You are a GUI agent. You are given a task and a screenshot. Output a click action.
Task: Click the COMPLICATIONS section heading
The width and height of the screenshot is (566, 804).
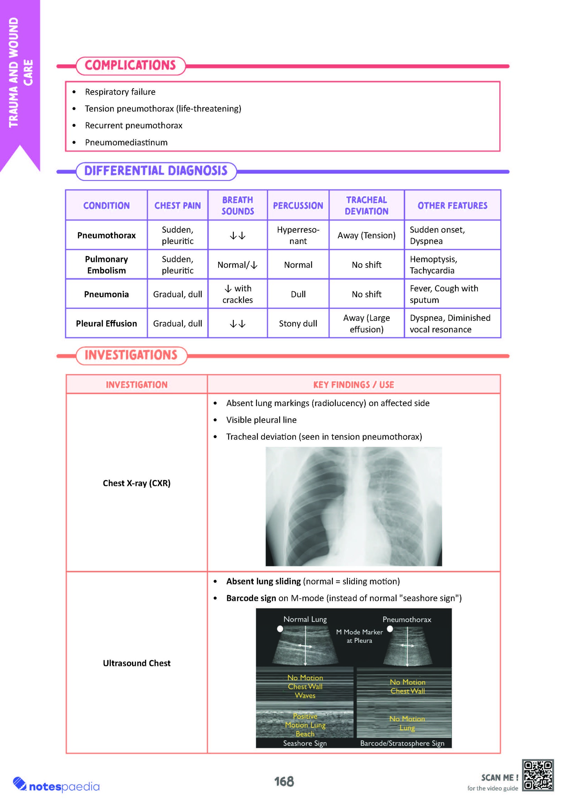pos(130,66)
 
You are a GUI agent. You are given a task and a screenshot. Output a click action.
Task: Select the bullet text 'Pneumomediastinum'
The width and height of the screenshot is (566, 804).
pos(126,143)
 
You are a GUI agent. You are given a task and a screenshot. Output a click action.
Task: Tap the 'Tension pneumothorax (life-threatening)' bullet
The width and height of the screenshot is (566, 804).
pos(163,108)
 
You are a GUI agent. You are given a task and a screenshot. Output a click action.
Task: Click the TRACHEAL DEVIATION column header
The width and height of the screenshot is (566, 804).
pos(366,205)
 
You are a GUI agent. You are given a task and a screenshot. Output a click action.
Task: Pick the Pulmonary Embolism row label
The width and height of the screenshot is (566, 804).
pos(106,265)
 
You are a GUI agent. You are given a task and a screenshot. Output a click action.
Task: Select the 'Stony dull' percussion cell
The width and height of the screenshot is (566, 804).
pos(298,324)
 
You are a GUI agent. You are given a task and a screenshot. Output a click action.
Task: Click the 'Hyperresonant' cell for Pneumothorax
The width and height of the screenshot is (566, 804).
pos(298,235)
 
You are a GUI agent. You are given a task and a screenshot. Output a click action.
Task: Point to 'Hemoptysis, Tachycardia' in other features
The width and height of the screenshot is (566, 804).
pos(433,265)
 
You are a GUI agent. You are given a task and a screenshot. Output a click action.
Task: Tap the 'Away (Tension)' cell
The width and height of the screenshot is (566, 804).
pos(366,235)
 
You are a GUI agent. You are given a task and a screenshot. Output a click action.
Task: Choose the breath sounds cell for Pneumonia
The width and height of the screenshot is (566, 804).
pos(238,294)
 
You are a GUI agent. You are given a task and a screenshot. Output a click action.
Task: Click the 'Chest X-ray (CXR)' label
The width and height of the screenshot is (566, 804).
pos(136,483)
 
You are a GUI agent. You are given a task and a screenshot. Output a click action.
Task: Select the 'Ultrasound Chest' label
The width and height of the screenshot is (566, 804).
pos(136,663)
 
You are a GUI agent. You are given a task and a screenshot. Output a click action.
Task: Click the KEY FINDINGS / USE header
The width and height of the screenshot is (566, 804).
pos(353,385)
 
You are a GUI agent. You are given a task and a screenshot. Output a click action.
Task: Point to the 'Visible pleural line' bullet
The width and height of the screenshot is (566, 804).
pos(261,420)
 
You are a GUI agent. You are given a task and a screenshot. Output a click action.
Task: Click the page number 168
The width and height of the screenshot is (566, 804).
pos(284,782)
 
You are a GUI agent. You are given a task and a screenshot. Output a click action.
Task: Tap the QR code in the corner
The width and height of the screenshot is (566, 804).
pos(538,775)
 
